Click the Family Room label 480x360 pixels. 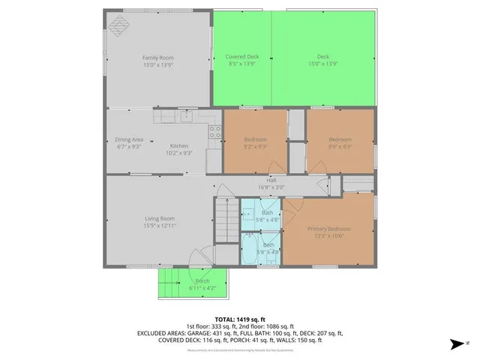click(158, 57)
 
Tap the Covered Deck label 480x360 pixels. click(241, 57)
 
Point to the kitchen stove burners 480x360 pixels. click(214, 133)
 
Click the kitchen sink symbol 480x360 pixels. click(184, 116)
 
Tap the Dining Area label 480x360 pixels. click(129, 139)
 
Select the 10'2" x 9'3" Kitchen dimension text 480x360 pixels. click(179, 153)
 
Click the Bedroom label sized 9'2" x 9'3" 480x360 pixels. click(255, 139)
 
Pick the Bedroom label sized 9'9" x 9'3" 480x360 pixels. click(340, 139)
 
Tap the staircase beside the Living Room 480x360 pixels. click(226, 221)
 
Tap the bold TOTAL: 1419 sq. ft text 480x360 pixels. click(240, 319)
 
